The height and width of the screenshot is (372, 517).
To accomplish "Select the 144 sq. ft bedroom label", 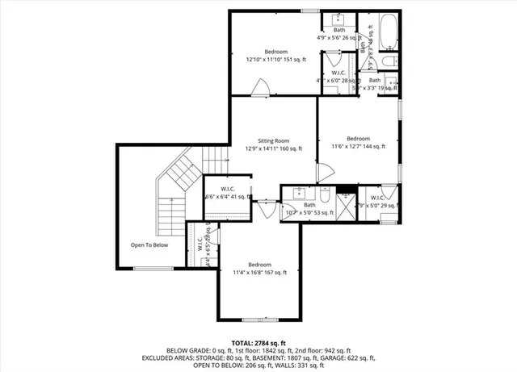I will point(358,138).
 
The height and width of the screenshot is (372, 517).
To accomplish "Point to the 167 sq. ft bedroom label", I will point(259,265).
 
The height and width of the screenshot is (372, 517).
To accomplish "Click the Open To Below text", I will point(149,245).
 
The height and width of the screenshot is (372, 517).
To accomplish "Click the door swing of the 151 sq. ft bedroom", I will point(259,87).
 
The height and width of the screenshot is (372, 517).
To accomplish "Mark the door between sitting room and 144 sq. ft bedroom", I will point(322,171).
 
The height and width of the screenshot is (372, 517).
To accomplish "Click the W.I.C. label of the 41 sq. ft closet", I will point(229,189).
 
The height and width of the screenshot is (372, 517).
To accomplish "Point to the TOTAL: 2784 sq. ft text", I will point(258,343).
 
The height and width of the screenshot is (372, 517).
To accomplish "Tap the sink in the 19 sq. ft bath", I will point(390,82).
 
